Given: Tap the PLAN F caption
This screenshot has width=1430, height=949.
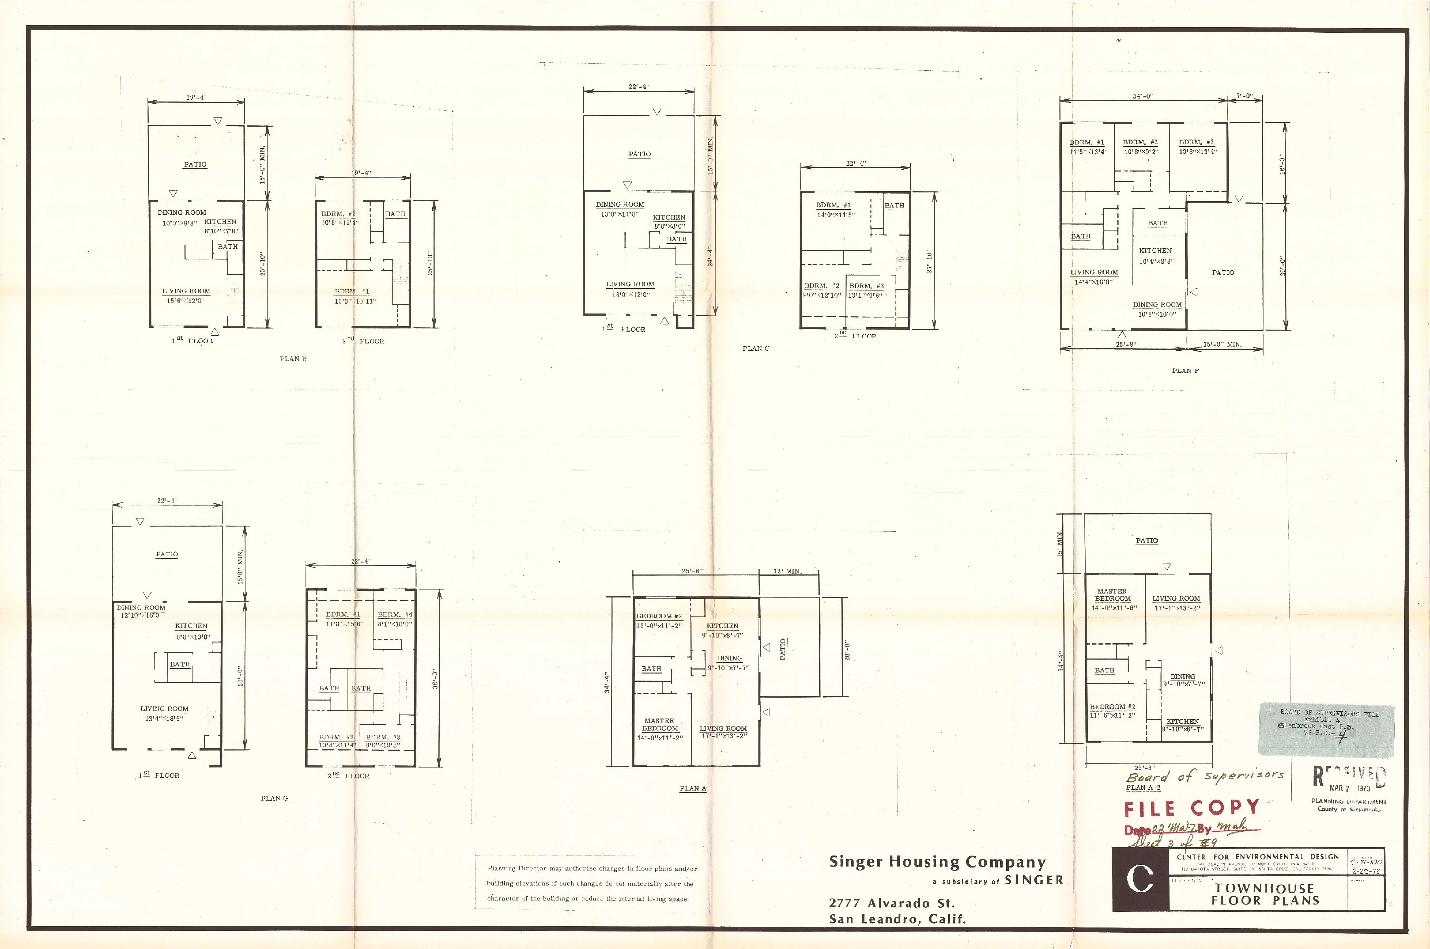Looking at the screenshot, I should (x=1185, y=370).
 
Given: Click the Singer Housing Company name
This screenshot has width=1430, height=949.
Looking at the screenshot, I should (x=937, y=862).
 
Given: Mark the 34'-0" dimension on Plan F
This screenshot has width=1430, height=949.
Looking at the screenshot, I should (x=1143, y=96).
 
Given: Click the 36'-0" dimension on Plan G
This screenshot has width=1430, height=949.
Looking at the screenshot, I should (x=434, y=679).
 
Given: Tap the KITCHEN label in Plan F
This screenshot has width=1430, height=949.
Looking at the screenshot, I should (x=1155, y=251).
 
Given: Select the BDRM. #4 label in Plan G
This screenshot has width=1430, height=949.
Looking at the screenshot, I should (x=394, y=614).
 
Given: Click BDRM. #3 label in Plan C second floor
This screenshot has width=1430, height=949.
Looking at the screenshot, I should (x=866, y=286).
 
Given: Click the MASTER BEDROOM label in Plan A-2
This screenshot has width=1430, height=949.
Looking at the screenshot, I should (x=1112, y=595).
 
